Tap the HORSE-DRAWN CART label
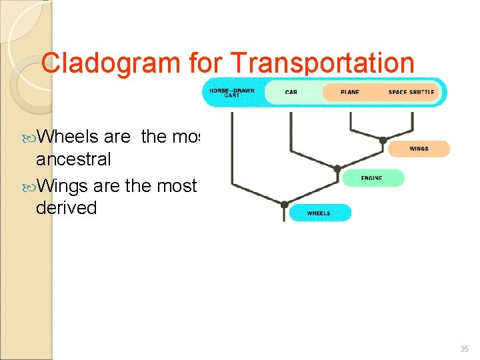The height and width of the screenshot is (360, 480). pyautogui.click(x=232, y=93)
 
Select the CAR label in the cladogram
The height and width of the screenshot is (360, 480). pyautogui.click(x=291, y=92)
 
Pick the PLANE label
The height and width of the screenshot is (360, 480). pyautogui.click(x=349, y=92)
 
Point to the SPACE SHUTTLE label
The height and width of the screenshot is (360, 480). pyautogui.click(x=411, y=92)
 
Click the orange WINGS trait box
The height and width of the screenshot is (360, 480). pyautogui.click(x=419, y=149)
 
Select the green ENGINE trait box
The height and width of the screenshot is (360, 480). pyautogui.click(x=372, y=178)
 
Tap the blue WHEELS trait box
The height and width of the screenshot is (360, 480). pyautogui.click(x=319, y=213)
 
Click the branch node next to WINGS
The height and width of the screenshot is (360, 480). pyautogui.click(x=383, y=140)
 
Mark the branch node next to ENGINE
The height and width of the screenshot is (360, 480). pyautogui.click(x=337, y=169)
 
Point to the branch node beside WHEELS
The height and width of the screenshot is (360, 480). pyautogui.click(x=284, y=204)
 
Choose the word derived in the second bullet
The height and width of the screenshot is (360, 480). pyautogui.click(x=67, y=208)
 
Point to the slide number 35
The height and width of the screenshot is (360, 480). pyautogui.click(x=464, y=349)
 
